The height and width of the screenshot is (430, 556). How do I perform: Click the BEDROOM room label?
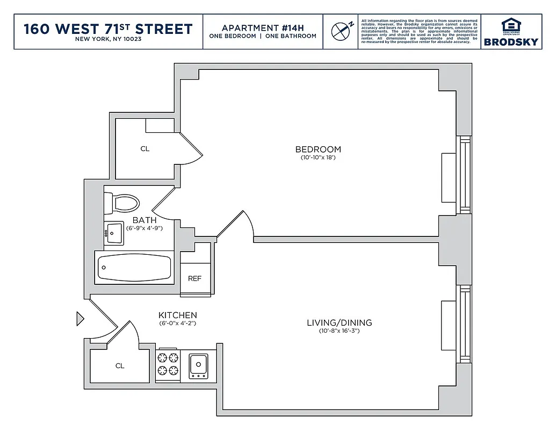tap(318, 149)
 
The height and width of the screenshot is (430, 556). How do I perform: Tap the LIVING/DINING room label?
tap(339, 322)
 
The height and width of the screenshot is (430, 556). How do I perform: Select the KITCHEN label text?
tap(177, 315)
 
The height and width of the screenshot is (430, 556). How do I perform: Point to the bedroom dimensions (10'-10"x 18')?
tap(318, 158)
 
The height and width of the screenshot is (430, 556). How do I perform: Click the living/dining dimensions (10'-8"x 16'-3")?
tap(339, 331)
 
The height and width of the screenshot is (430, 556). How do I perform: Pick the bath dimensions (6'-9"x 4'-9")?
tap(145, 228)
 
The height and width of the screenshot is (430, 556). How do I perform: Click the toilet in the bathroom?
tap(122, 204)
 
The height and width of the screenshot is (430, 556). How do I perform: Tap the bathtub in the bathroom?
tap(134, 267)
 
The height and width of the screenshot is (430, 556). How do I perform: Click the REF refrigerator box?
tap(194, 278)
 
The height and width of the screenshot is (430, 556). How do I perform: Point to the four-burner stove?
tap(168, 364)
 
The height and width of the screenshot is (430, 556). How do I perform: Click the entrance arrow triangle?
tap(80, 319)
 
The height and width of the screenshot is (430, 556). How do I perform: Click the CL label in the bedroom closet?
tap(145, 149)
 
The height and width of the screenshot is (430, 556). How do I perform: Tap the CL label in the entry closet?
tap(120, 365)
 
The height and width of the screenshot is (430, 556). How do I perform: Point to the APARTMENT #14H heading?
tap(263, 27)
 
